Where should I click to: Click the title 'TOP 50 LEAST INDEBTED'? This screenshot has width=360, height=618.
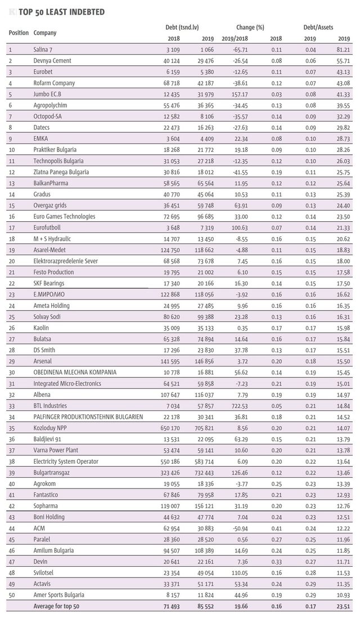pyautogui.click(x=61, y=12)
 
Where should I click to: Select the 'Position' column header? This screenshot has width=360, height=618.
pyautogui.click(x=19, y=33)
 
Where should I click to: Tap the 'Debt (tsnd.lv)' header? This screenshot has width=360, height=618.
pyautogui.click(x=182, y=28)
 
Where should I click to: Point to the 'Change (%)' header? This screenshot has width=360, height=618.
pyautogui.click(x=250, y=28)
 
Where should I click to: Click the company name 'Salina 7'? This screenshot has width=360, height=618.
pyautogui.click(x=43, y=50)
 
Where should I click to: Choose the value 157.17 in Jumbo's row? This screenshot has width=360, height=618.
pyautogui.click(x=240, y=94)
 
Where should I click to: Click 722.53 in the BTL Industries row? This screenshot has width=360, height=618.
pyautogui.click(x=240, y=406)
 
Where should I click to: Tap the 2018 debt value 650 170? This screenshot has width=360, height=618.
pyautogui.click(x=170, y=428)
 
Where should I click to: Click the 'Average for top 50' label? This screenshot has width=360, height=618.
pyautogui.click(x=56, y=606)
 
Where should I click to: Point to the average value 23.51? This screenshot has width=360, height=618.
pyautogui.click(x=344, y=606)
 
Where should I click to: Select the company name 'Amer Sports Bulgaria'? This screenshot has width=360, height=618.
pyautogui.click(x=59, y=595)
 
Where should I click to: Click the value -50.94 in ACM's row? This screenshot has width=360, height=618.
pyautogui.click(x=240, y=528)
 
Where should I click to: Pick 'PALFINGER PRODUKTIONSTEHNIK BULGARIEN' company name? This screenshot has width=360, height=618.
pyautogui.click(x=88, y=417)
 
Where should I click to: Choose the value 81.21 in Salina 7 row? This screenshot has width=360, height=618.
pyautogui.click(x=344, y=50)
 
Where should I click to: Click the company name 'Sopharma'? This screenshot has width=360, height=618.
pyautogui.click(x=46, y=506)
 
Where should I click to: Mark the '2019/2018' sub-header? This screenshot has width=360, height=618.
pyautogui.click(x=235, y=39)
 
